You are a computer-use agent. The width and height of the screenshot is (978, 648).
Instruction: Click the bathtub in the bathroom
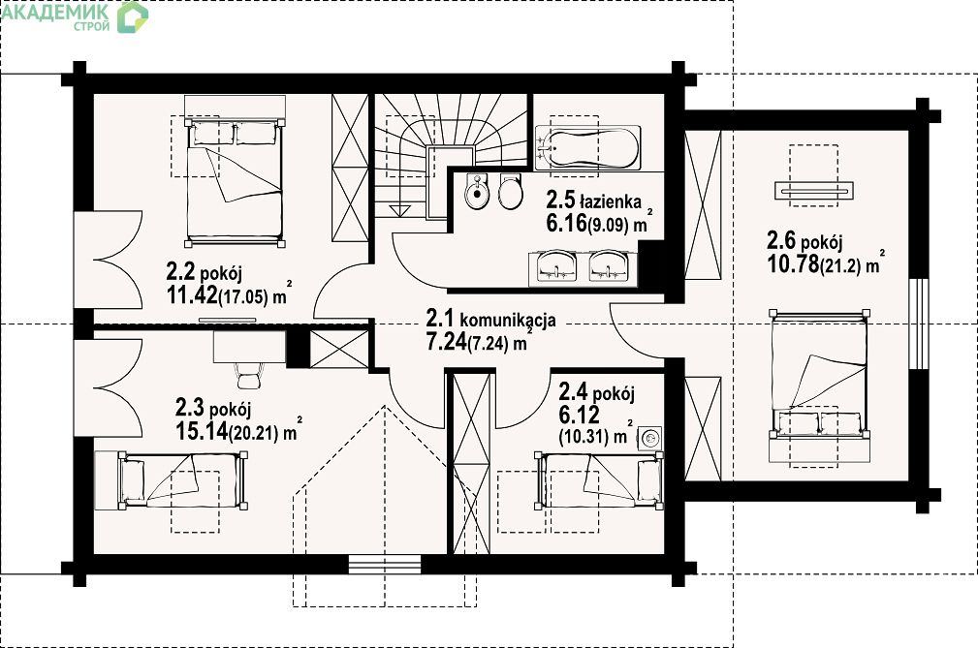tap(587, 148)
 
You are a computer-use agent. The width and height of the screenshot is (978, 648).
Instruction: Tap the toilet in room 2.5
tap(510, 191)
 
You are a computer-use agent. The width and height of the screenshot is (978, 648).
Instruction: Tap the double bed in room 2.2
tap(235, 182)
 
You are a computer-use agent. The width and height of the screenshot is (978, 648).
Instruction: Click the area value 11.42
tap(192, 294)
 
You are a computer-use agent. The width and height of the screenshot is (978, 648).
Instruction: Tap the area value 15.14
tap(202, 430)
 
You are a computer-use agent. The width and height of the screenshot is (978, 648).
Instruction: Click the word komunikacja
tap(508, 321)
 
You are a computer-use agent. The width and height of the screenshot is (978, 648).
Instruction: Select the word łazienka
tap(611, 201)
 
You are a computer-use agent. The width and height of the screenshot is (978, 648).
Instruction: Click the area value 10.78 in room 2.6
tap(793, 263)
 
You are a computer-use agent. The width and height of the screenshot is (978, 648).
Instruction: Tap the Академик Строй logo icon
tap(133, 16)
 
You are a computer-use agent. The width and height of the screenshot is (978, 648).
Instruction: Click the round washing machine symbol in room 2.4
tap(650, 438)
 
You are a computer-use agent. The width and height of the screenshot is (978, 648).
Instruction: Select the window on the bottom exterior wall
tap(384, 564)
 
